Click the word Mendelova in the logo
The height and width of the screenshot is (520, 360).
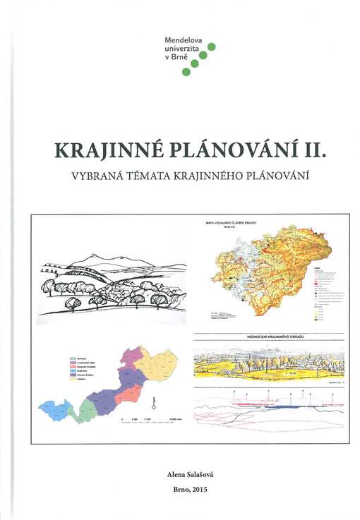[183, 41]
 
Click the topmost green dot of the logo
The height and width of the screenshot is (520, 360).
[211, 47]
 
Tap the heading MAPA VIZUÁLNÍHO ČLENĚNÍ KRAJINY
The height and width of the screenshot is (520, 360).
[230, 223]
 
